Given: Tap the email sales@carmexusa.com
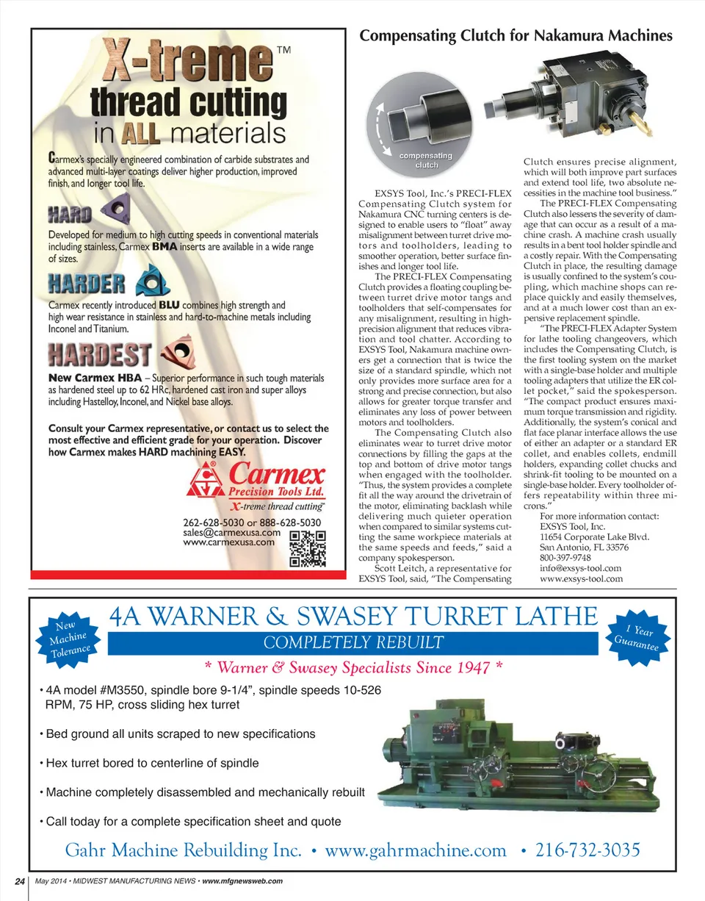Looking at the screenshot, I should [231, 533].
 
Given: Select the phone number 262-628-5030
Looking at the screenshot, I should [212, 522].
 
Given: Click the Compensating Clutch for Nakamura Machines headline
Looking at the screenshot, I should [516, 35].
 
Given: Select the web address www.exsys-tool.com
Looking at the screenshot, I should [581, 578].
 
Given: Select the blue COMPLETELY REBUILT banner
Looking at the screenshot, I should [352, 643].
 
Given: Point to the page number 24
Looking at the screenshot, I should [18, 881].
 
